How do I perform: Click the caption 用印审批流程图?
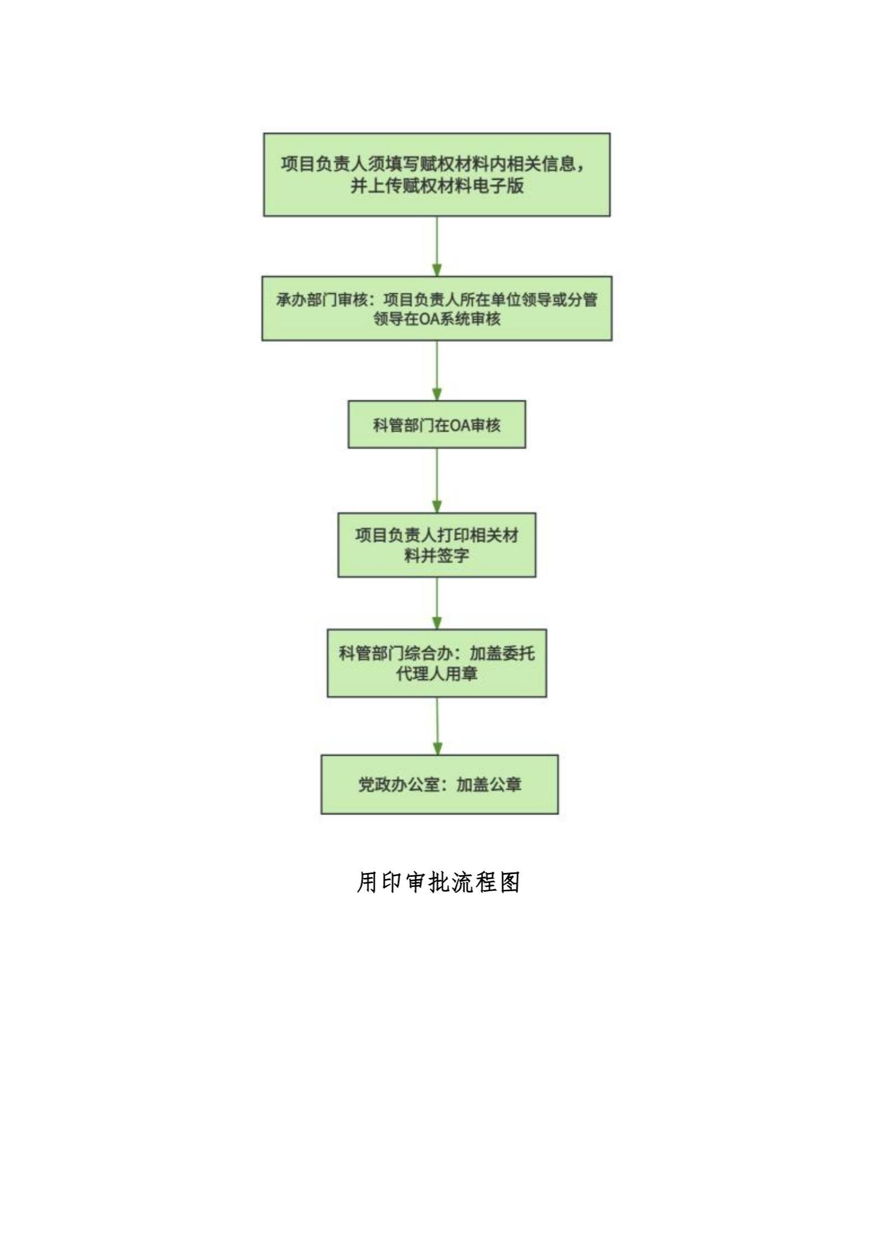point(438,882)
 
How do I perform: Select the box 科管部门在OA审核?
point(437,424)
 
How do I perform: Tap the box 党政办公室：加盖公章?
point(440,784)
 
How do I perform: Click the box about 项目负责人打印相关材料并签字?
point(437,545)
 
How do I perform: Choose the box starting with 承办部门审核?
point(437,308)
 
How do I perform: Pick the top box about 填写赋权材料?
point(437,174)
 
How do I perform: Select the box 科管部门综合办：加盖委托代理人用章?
point(437,663)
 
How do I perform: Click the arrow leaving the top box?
point(437,246)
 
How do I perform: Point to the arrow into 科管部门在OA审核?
point(437,371)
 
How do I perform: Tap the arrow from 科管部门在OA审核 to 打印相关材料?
point(437,480)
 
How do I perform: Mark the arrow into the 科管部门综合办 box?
point(437,603)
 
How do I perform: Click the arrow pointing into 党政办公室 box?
point(437,726)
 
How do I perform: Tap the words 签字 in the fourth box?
point(452,555)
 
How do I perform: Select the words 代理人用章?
point(437,674)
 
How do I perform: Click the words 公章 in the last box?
point(505,784)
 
